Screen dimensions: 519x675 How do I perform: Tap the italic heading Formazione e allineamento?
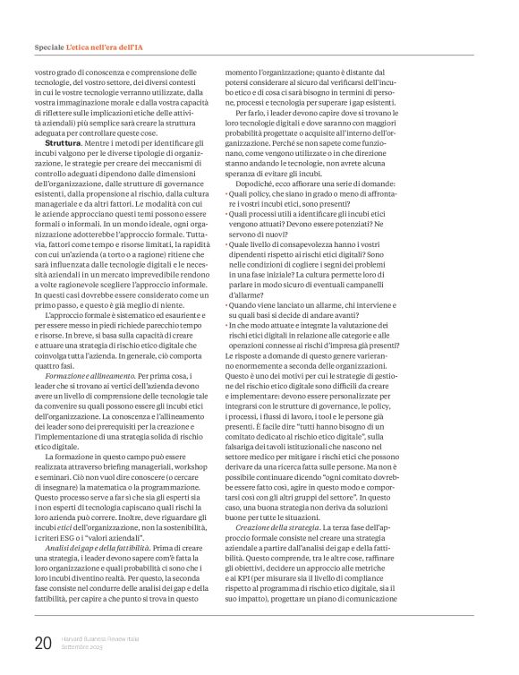coord(88,328)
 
